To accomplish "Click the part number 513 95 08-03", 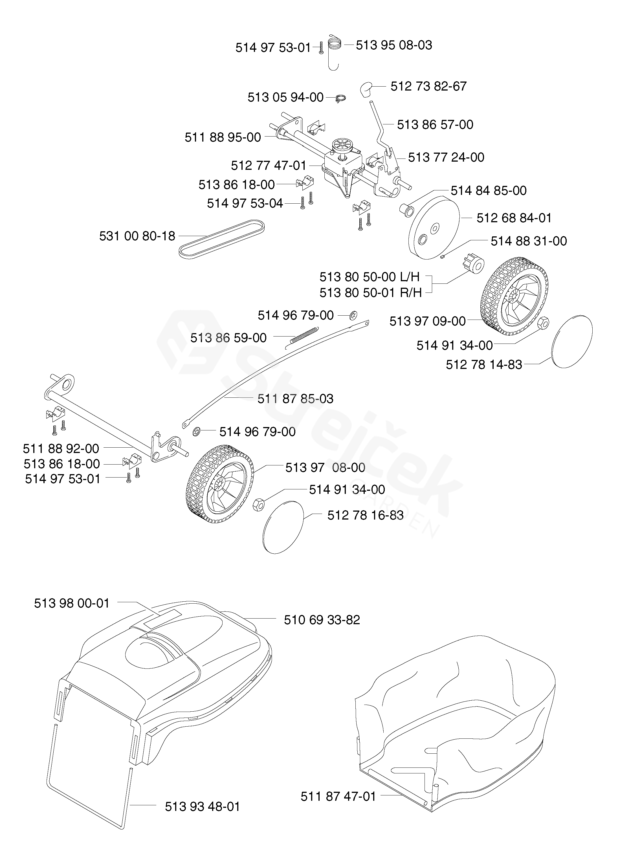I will (x=394, y=45).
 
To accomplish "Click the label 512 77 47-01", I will (x=268, y=166).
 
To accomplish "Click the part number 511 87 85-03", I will (x=295, y=399).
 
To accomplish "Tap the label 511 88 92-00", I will (x=61, y=448).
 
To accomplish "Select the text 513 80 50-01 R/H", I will (x=370, y=292).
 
